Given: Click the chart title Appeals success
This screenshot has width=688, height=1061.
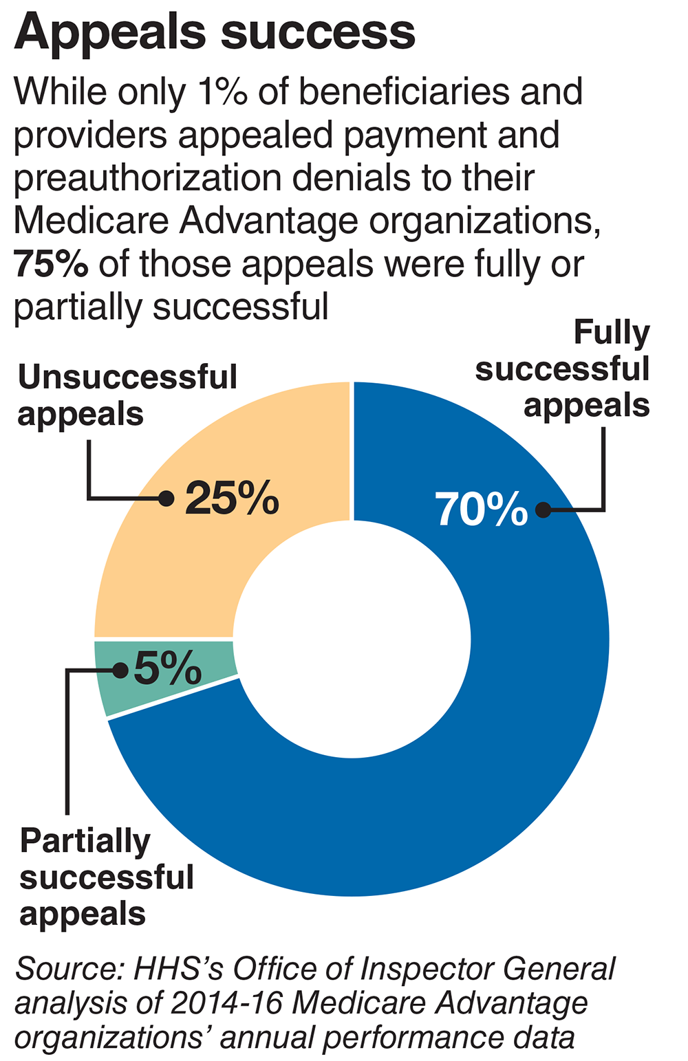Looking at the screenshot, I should (215, 32).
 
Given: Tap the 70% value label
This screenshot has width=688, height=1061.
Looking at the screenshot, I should (481, 510).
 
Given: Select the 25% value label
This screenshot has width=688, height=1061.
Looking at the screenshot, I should (232, 498).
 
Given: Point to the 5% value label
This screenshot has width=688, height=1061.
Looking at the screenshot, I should (167, 668).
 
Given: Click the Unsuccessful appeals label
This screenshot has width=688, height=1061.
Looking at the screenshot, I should (127, 395).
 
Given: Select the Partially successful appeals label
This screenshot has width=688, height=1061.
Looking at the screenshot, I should (107, 877).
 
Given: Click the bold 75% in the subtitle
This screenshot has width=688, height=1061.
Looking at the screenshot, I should (50, 263).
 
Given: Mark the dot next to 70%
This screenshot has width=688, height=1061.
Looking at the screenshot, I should (543, 510).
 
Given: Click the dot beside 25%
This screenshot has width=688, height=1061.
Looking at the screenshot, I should (166, 499).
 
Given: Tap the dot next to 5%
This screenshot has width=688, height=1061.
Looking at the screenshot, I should (120, 670).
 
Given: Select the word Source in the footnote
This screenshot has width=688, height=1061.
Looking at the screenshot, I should (67, 970).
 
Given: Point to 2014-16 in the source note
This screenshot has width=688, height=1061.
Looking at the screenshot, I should (226, 1003).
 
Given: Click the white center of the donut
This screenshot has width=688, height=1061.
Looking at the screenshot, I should (352, 639).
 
